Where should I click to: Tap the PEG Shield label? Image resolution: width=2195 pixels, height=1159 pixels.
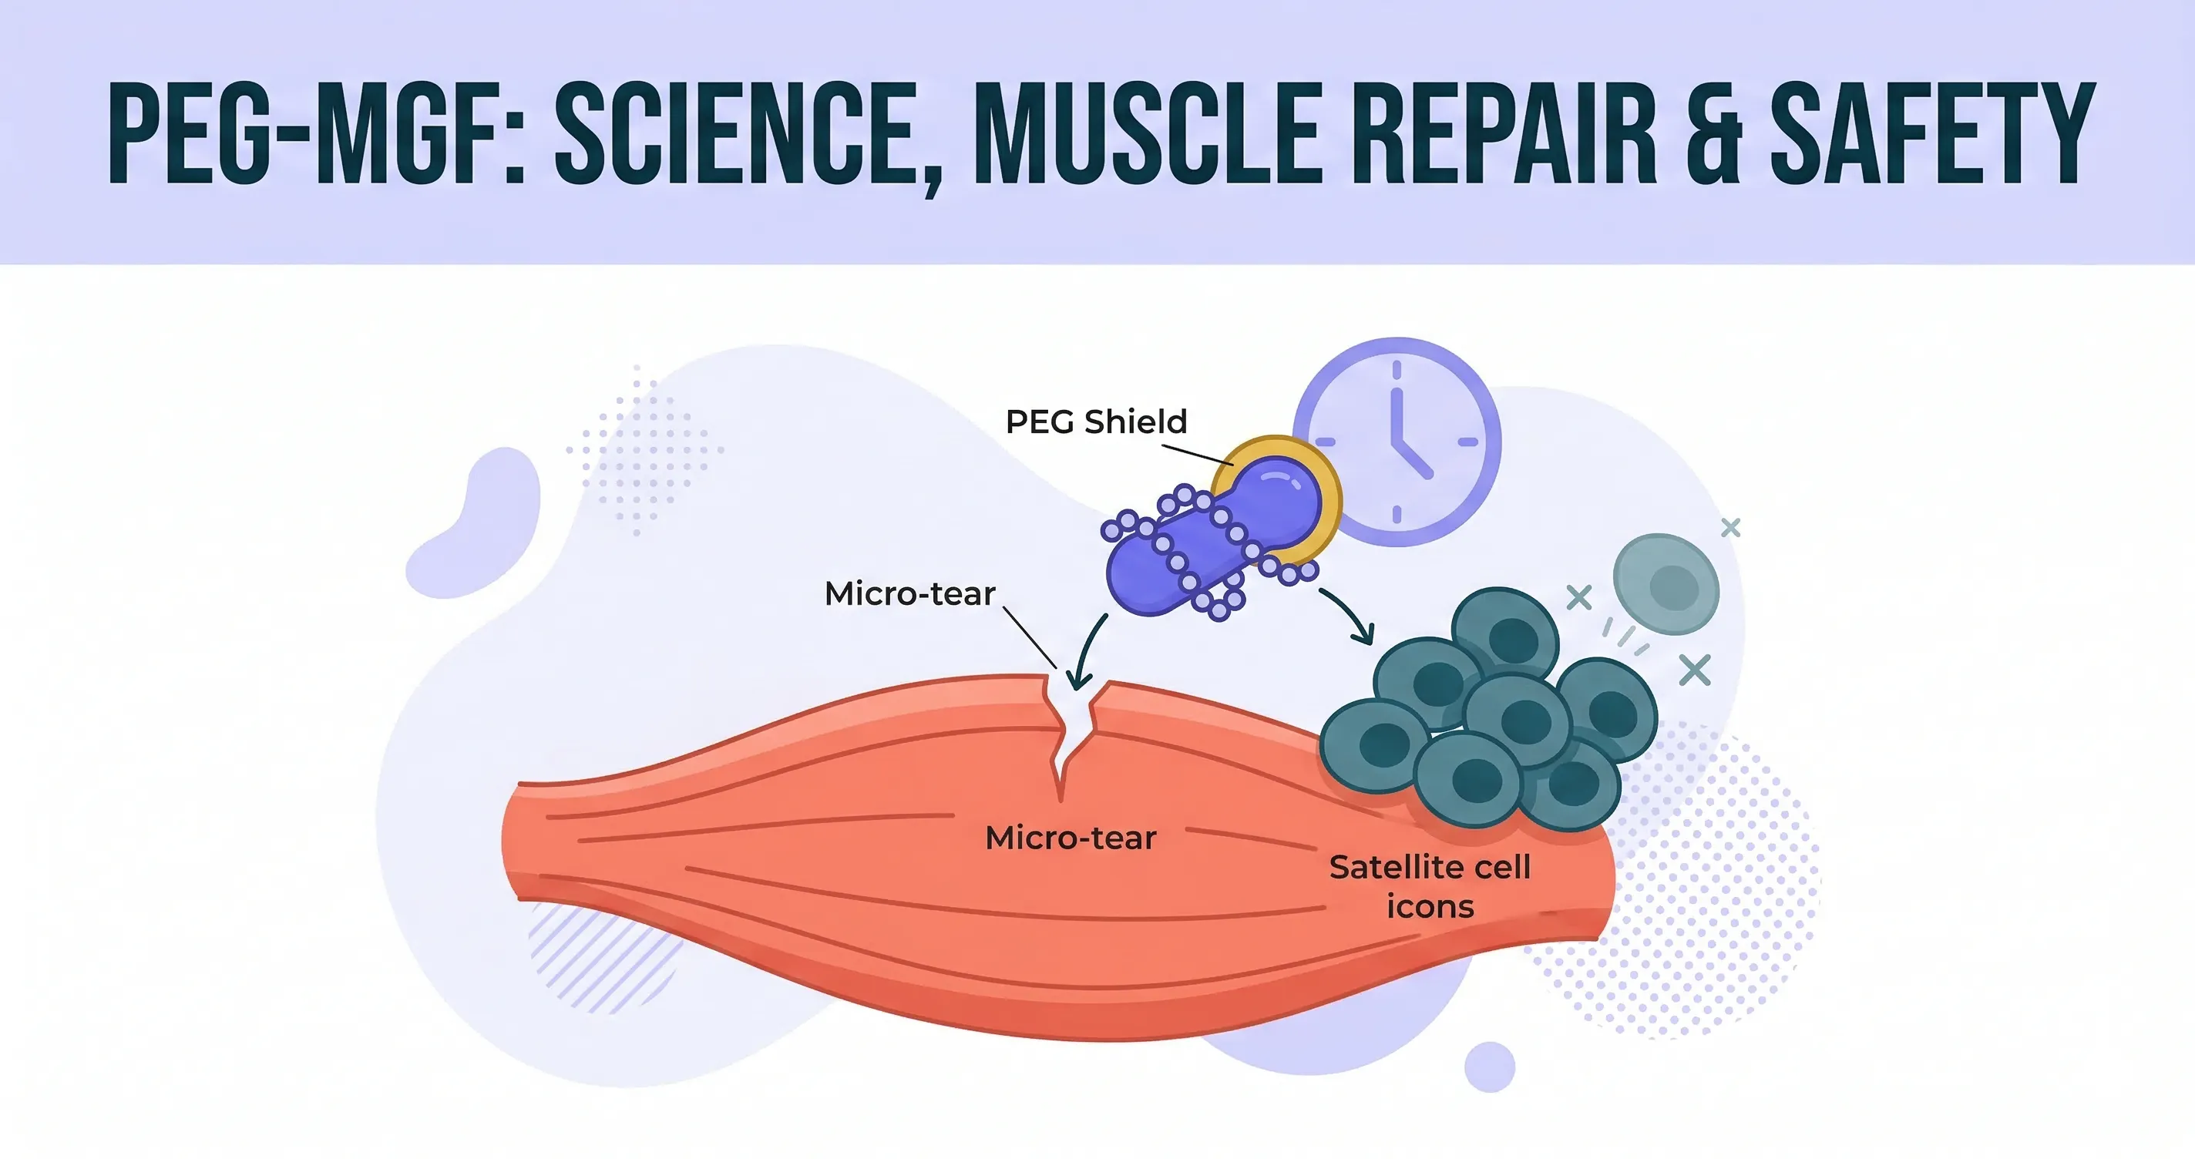click(1096, 422)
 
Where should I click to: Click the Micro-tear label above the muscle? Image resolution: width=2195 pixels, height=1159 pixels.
click(909, 594)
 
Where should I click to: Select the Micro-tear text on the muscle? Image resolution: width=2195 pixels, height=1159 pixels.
click(1071, 838)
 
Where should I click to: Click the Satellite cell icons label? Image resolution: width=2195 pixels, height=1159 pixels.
click(1430, 886)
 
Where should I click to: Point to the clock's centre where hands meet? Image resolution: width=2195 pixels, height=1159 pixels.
click(1397, 442)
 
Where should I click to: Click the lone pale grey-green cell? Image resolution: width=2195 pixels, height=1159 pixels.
click(1666, 585)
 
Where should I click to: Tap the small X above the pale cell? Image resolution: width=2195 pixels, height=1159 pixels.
click(1729, 529)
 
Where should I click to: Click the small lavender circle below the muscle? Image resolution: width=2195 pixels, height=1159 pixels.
click(1490, 1066)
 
